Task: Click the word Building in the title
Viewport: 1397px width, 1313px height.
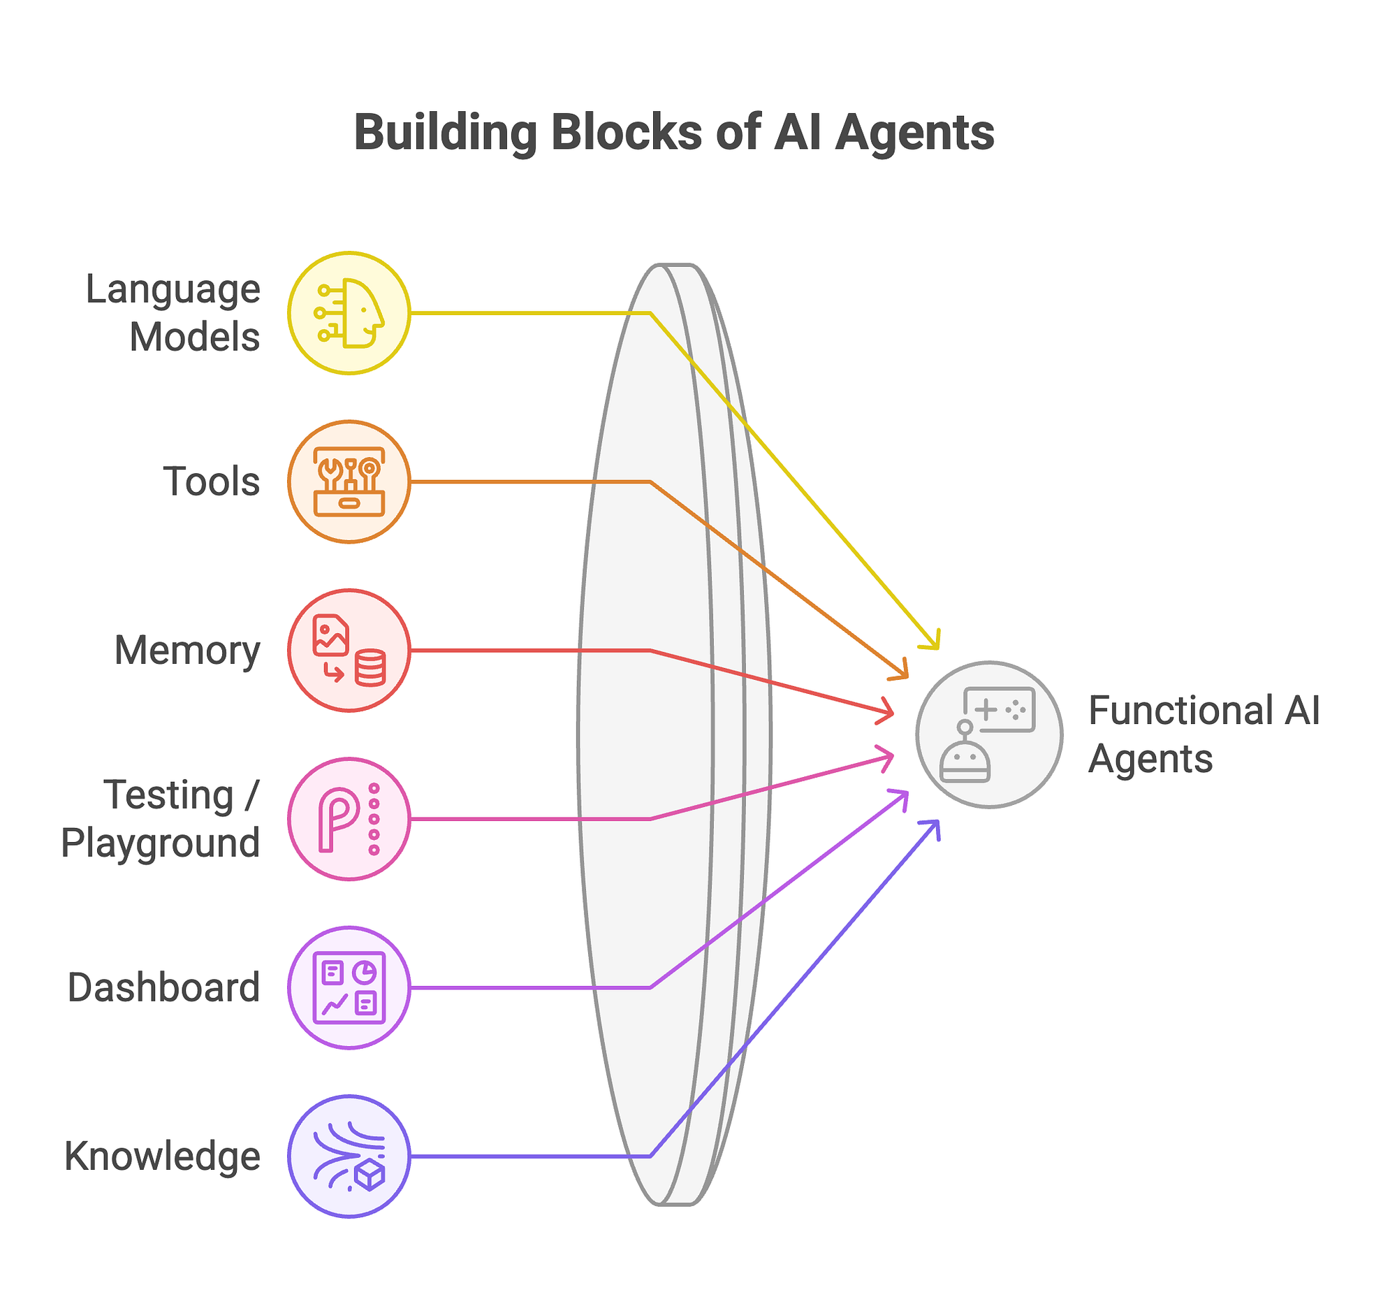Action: click(444, 133)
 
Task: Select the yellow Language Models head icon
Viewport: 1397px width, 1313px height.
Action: click(349, 313)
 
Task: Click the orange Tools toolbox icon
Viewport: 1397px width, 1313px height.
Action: click(349, 481)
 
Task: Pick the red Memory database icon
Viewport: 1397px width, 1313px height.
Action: click(349, 650)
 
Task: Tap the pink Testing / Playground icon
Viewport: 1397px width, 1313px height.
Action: click(349, 819)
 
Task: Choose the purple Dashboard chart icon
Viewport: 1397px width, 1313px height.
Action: click(349, 987)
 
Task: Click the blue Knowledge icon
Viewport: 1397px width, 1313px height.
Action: click(349, 1156)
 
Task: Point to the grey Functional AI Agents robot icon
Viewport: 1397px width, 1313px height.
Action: click(988, 734)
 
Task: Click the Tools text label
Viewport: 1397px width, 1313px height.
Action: click(212, 482)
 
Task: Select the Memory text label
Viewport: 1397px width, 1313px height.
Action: click(187, 651)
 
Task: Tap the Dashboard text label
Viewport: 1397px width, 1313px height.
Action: click(163, 987)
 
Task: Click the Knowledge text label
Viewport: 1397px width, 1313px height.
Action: click(162, 1158)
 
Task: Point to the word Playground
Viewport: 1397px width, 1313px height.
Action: click(160, 843)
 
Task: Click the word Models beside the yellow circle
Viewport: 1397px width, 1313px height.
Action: click(195, 338)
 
